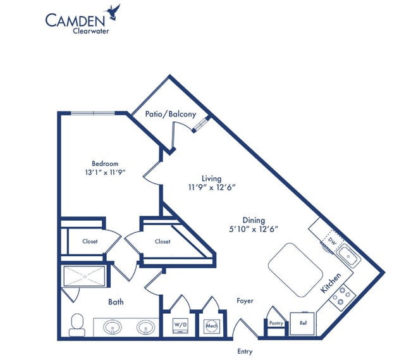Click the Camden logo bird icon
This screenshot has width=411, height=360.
114,11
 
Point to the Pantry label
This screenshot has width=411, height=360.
276,323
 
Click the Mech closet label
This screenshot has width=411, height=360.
211,325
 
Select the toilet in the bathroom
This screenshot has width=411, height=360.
77,324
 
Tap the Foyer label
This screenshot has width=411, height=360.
245,301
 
